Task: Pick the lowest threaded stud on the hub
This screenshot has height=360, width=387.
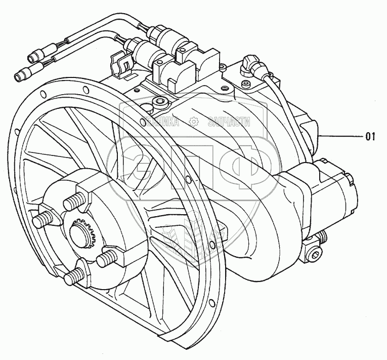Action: pos(72,275)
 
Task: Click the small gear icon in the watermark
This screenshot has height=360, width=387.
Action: pos(193,122)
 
